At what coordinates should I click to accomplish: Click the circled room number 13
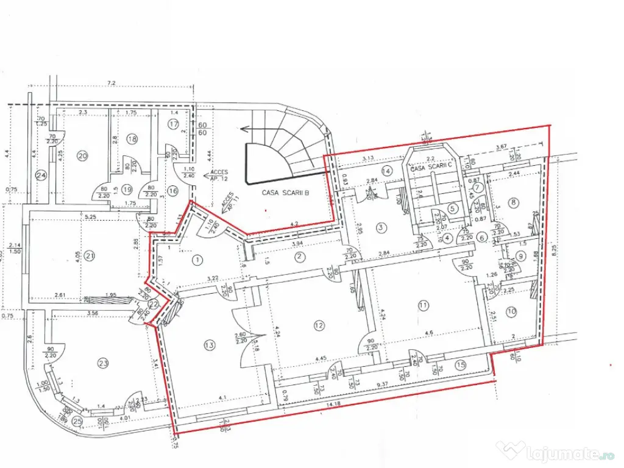(x=210, y=346)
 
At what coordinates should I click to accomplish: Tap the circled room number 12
(x=319, y=325)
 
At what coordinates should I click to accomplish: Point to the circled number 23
(x=103, y=363)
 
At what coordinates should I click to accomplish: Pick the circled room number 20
(x=83, y=155)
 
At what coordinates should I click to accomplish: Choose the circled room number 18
(x=132, y=139)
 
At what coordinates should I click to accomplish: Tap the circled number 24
(x=41, y=176)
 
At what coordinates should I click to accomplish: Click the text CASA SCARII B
(x=286, y=193)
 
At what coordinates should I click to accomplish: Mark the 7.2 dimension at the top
(x=112, y=82)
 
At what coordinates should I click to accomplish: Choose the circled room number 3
(x=382, y=228)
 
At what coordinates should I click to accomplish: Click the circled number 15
(x=461, y=365)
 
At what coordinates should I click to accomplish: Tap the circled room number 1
(x=196, y=260)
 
